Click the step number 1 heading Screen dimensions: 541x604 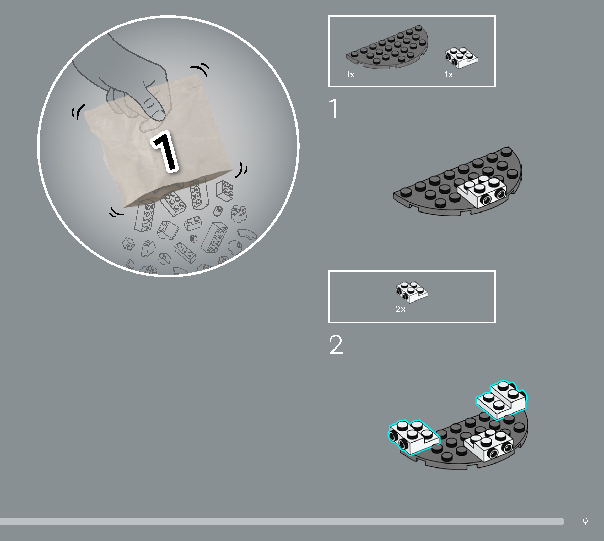point(334,109)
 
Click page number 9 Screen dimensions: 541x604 point(585,521)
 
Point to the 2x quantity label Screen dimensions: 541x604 point(400,309)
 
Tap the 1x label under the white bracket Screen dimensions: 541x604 point(449,75)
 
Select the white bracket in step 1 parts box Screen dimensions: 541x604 point(461,58)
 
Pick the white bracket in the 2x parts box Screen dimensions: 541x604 point(412,292)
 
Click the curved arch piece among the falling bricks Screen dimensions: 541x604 point(247,235)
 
